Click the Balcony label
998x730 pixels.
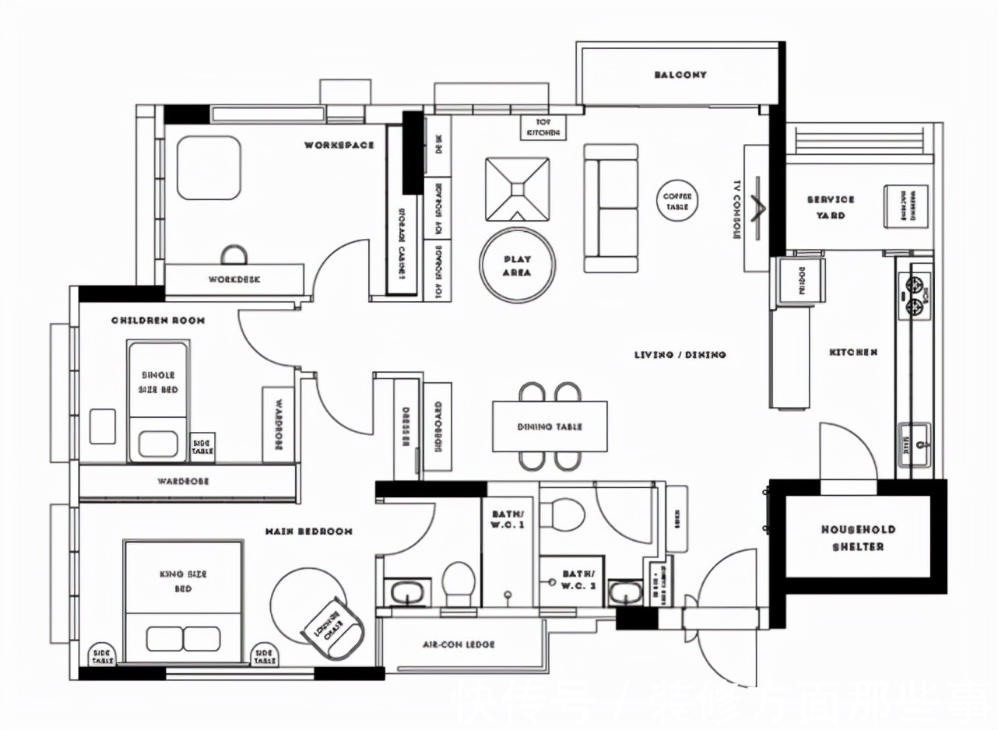pos(680,75)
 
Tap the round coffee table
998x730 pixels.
pos(677,202)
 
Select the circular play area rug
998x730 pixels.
pos(517,265)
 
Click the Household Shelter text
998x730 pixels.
pos(858,538)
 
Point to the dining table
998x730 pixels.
pos(549,426)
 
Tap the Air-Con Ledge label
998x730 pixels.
pos(459,644)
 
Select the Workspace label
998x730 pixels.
pos(339,145)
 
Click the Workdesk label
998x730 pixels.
pos(234,279)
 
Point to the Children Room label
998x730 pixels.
pos(158,320)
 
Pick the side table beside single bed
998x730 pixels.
pos(202,447)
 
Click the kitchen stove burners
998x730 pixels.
pos(916,296)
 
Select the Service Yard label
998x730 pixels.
pos(831,207)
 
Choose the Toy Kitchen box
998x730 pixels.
pos(543,128)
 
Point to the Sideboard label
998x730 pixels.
pos(438,426)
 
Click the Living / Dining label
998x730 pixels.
pos(680,355)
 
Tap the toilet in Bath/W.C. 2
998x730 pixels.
pos(561,514)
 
